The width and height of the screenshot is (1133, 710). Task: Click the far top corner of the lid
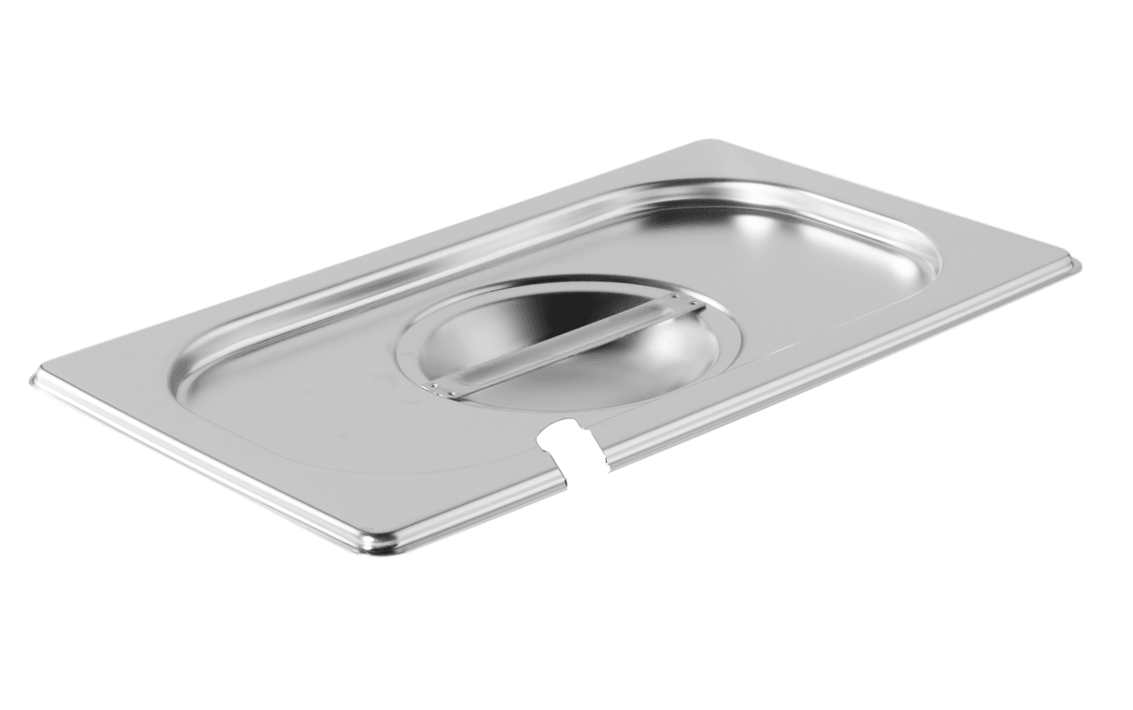pyautogui.click(x=703, y=144)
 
